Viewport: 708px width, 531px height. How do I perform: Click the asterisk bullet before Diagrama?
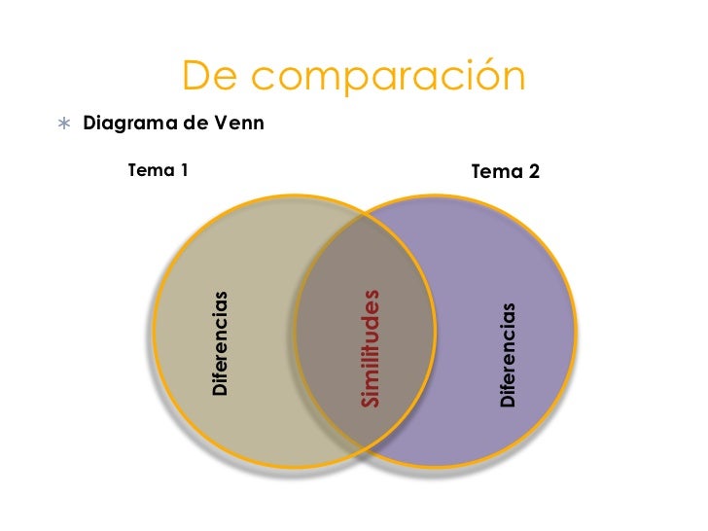click(64, 125)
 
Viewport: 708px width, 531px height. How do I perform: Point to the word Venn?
click(240, 124)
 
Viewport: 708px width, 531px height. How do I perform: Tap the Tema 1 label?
click(157, 171)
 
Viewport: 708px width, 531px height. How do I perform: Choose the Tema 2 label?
click(505, 172)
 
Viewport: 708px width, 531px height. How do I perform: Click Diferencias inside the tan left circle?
click(221, 343)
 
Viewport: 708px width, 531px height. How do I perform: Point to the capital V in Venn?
click(223, 124)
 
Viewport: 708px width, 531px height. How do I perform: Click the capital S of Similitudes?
click(370, 400)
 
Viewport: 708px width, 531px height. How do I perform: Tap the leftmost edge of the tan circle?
click(154, 331)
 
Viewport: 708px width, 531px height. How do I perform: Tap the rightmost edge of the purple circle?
click(575, 332)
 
